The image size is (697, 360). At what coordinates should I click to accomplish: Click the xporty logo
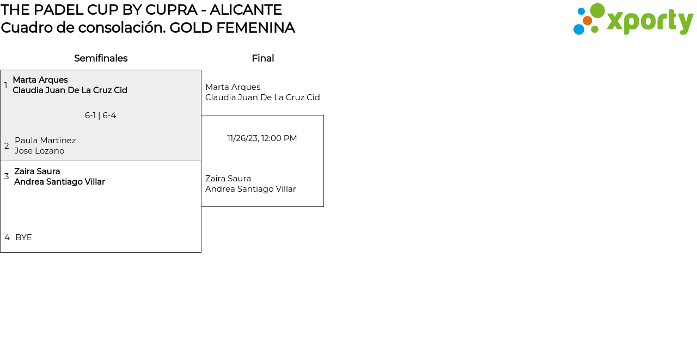pyautogui.click(x=633, y=20)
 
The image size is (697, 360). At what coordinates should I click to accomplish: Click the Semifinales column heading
pyautogui.click(x=101, y=58)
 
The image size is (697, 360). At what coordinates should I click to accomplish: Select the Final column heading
pyautogui.click(x=262, y=58)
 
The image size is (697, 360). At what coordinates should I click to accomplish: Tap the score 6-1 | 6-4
pyautogui.click(x=100, y=115)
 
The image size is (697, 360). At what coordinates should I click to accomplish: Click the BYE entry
pyautogui.click(x=23, y=237)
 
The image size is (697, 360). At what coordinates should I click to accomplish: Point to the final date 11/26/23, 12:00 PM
pyautogui.click(x=262, y=138)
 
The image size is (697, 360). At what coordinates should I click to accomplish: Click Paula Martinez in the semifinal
pyautogui.click(x=45, y=141)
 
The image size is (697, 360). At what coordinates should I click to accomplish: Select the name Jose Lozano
pyautogui.click(x=39, y=151)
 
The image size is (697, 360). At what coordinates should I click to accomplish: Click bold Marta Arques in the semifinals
pyautogui.click(x=40, y=80)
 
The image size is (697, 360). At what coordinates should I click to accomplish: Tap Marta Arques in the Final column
pyautogui.click(x=233, y=87)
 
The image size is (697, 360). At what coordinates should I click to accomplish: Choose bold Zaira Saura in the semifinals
pyautogui.click(x=37, y=172)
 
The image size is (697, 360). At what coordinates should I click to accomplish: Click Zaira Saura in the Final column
pyautogui.click(x=228, y=179)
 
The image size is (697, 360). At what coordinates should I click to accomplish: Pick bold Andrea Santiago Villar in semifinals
pyautogui.click(x=59, y=182)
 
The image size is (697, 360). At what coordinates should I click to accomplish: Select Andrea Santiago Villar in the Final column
pyautogui.click(x=250, y=189)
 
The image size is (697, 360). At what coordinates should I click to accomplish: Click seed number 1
pyautogui.click(x=6, y=86)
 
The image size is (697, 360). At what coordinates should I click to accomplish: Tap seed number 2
pyautogui.click(x=7, y=146)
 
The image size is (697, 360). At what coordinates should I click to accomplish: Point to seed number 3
pyautogui.click(x=7, y=176)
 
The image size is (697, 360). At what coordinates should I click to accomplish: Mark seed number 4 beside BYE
pyautogui.click(x=7, y=237)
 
